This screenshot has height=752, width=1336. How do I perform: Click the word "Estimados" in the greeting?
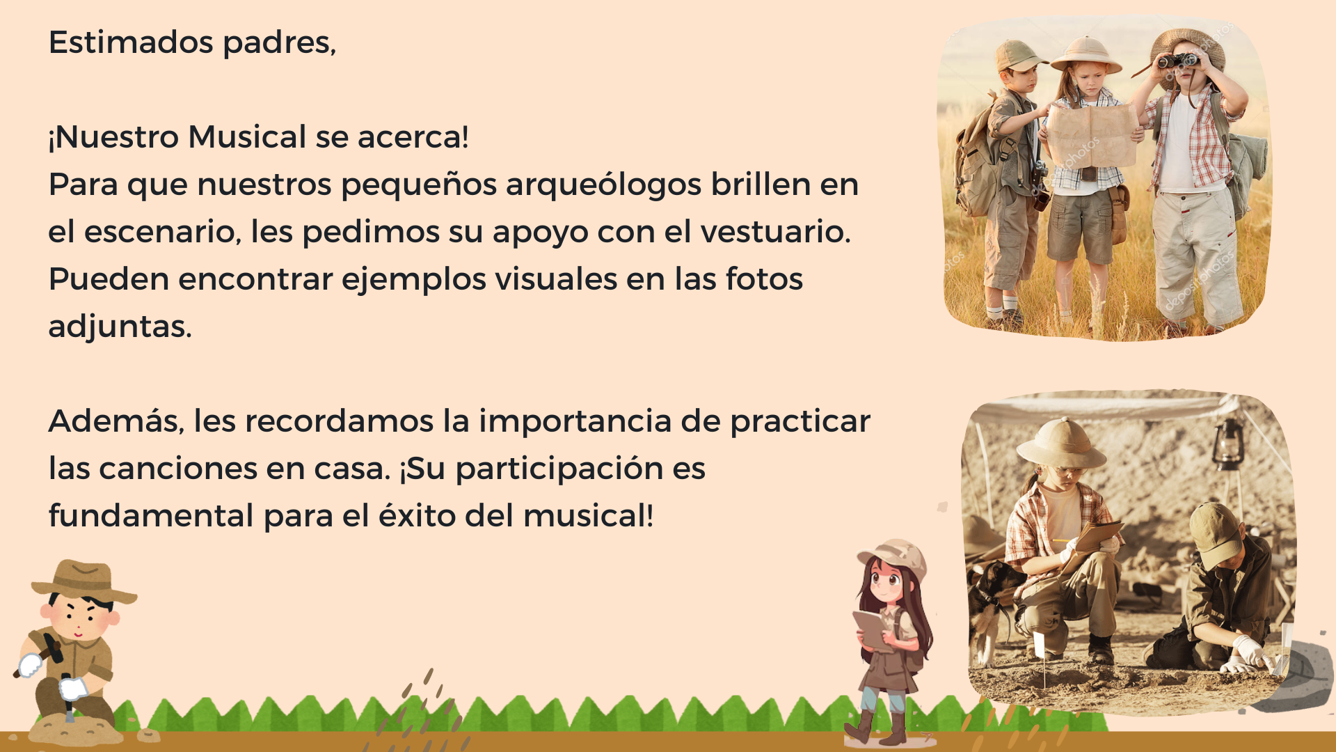click(x=131, y=42)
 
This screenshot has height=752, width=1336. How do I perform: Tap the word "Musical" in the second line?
click(x=247, y=137)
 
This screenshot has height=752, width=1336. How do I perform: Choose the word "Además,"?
click(x=116, y=421)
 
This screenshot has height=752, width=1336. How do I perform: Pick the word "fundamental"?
click(x=151, y=516)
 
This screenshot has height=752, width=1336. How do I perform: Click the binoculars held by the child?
click(x=1177, y=61)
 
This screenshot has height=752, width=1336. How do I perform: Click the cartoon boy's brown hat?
click(x=84, y=581)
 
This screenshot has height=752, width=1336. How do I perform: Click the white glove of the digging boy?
click(x=1250, y=652)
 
